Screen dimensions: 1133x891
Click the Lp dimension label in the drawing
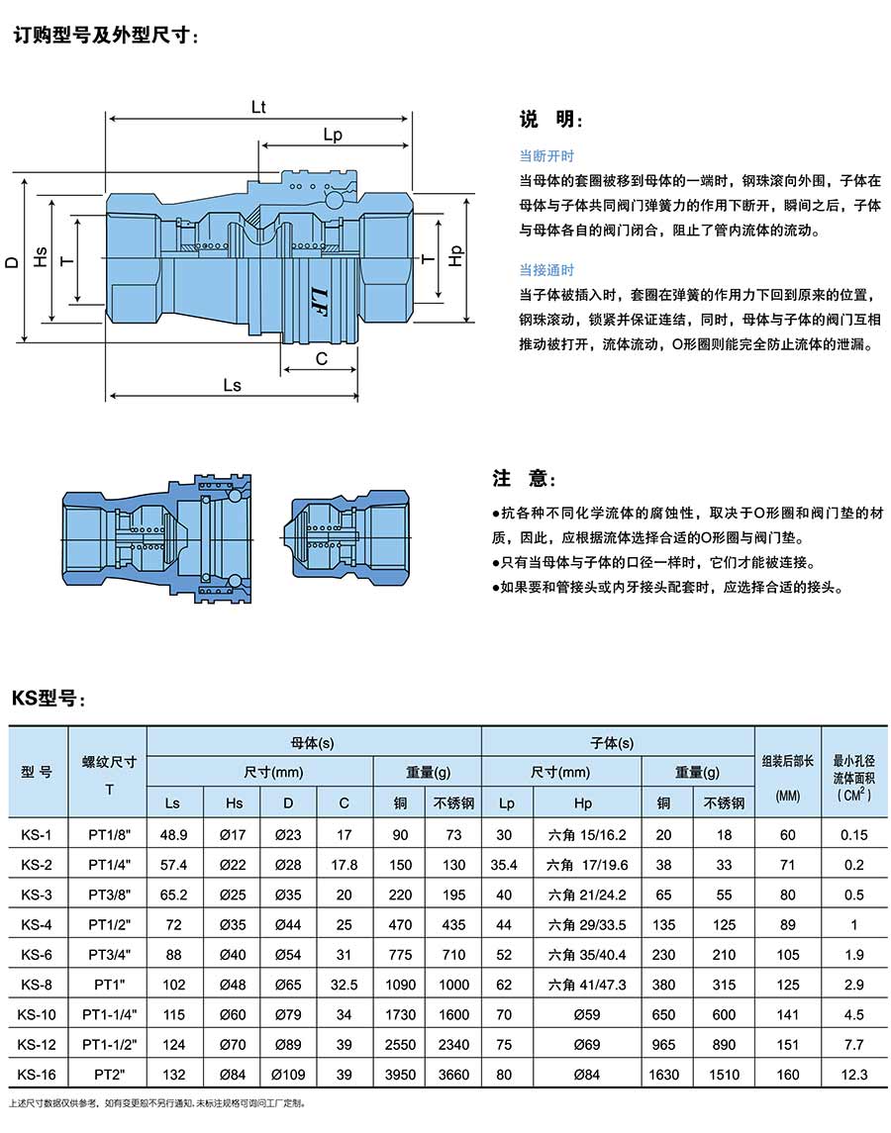click(x=334, y=135)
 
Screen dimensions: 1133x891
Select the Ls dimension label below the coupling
click(x=232, y=385)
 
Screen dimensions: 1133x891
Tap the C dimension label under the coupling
click(x=322, y=359)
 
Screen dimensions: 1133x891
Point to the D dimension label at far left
click(x=12, y=261)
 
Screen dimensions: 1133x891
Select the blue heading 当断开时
click(x=546, y=156)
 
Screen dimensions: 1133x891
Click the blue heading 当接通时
click(x=546, y=270)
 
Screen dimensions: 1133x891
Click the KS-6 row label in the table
click(x=37, y=955)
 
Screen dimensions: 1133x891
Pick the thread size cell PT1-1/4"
click(x=109, y=1014)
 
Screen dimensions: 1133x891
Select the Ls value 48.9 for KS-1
click(x=174, y=835)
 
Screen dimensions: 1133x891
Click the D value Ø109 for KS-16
click(x=288, y=1075)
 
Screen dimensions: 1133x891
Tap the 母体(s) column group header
click(x=313, y=742)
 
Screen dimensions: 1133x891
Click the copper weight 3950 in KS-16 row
click(x=400, y=1075)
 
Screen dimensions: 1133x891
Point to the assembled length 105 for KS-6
click(x=787, y=955)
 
